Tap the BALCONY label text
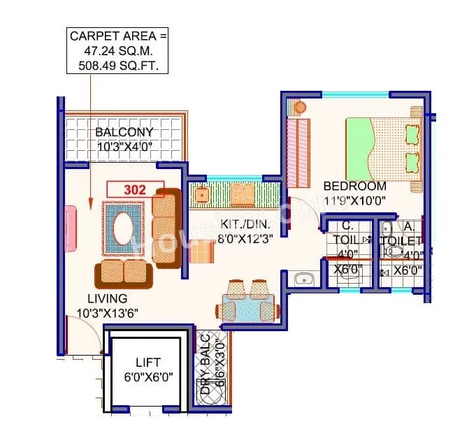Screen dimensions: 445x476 124,133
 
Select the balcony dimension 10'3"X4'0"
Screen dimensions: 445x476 124,146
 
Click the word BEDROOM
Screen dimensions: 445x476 354,187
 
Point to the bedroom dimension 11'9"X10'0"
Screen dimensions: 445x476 354,200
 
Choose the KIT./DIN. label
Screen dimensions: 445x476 245,224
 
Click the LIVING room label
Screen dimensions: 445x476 103,299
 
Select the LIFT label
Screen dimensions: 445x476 148,363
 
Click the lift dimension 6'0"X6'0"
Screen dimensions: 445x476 148,377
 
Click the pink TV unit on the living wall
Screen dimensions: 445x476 71,228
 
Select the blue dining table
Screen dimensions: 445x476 249,307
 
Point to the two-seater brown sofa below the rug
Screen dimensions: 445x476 124,274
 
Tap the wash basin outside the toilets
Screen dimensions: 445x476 304,279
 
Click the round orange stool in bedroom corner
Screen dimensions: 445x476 300,108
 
